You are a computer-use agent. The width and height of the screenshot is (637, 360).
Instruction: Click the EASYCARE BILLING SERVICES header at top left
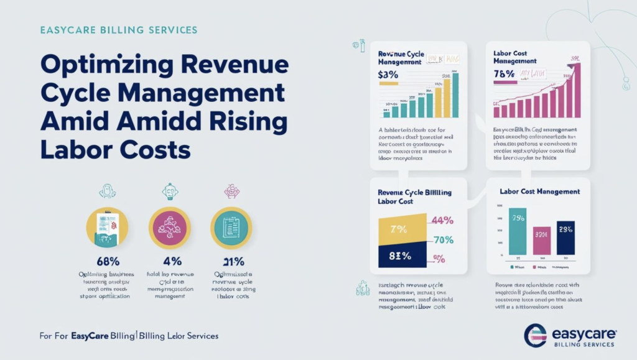[x=118, y=30]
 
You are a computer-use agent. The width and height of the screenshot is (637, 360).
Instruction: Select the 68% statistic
[x=107, y=261]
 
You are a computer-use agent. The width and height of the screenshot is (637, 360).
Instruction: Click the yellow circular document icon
[x=107, y=228]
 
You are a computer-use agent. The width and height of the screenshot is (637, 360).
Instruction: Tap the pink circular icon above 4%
[x=169, y=228]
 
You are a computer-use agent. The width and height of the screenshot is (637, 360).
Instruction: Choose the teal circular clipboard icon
[x=231, y=228]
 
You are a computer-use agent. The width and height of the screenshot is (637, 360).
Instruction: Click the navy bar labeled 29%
[x=565, y=237]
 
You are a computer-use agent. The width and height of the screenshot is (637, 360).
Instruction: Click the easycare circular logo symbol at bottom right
[x=536, y=335]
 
